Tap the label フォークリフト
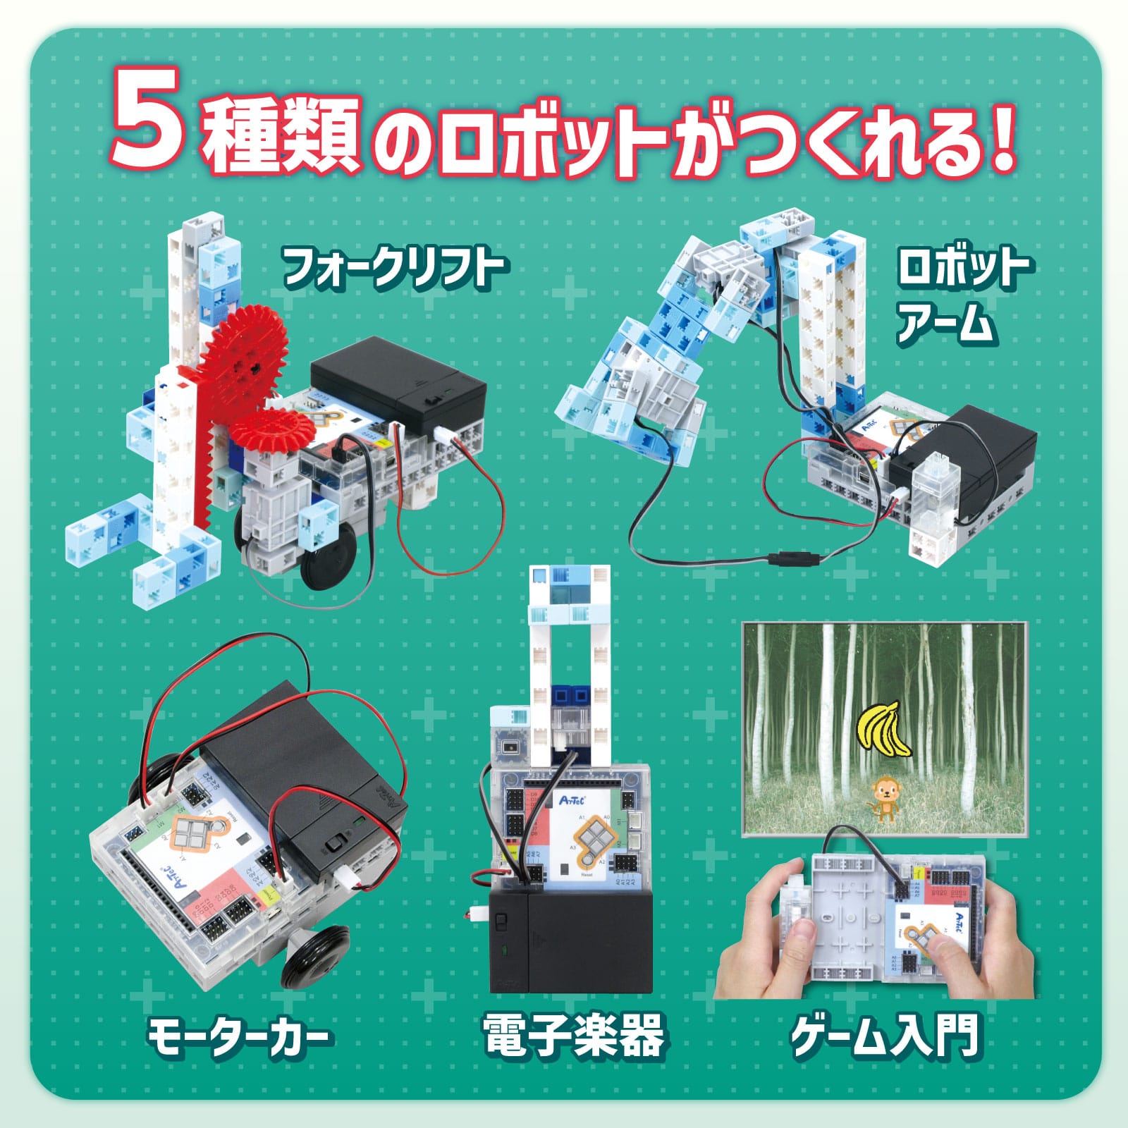tap(393, 268)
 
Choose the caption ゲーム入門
tap(885, 1036)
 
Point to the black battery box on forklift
tap(398, 384)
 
